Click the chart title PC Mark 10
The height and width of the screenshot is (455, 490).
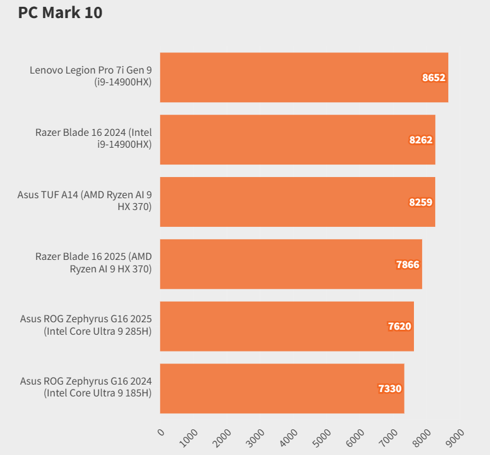pos(60,12)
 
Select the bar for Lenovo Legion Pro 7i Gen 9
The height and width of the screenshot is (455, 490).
pos(304,77)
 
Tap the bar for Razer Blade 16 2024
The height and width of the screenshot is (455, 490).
pos(297,140)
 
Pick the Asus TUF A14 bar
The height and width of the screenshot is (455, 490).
pos(297,202)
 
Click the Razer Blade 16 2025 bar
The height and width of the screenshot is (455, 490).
pos(291,264)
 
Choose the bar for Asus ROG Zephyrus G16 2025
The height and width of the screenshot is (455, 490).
pos(287,326)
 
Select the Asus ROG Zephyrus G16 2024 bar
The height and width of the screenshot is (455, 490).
pos(282,388)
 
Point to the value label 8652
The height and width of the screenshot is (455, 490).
pos(433,78)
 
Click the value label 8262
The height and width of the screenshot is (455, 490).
pos(421,140)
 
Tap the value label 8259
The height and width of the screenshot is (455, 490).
pos(421,203)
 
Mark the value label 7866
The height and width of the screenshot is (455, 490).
pos(408,265)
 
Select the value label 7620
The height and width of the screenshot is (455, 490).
pos(400,327)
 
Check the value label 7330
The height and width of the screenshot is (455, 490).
pos(390,389)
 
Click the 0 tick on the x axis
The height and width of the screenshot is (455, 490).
pos(161,433)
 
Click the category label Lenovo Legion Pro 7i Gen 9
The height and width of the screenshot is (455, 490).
pos(91,76)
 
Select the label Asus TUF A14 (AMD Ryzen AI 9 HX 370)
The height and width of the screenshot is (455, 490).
pos(85,201)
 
